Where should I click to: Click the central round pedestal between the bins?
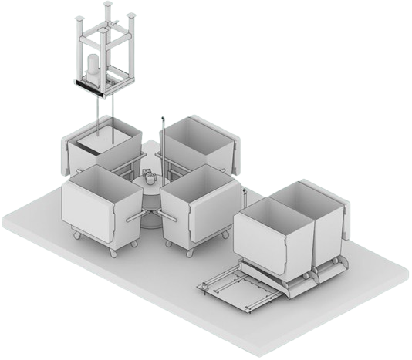(x=151, y=202)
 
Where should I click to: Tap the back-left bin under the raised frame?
(x=100, y=150)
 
